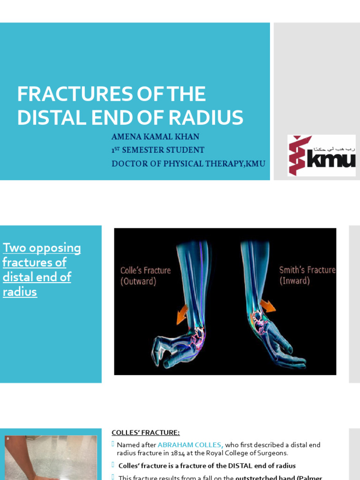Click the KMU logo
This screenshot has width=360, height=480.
(x=322, y=155)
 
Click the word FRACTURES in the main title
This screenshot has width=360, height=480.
(x=63, y=94)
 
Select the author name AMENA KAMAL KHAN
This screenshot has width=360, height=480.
(x=155, y=137)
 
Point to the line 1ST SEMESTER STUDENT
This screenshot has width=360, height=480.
(x=157, y=150)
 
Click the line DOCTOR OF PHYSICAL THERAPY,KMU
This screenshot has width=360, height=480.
(x=188, y=164)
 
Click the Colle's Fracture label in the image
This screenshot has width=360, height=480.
(x=145, y=270)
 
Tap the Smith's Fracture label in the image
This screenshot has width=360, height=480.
(x=307, y=270)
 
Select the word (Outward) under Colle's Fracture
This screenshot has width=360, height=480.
(x=138, y=282)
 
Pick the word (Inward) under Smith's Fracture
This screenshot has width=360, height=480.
(x=295, y=281)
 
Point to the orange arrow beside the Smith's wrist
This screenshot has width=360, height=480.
(x=268, y=306)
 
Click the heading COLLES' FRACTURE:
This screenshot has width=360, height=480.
(x=145, y=433)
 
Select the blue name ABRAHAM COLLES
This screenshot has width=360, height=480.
(x=190, y=445)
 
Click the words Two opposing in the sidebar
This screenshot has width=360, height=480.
(x=42, y=248)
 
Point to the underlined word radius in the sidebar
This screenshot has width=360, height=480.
(x=20, y=292)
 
